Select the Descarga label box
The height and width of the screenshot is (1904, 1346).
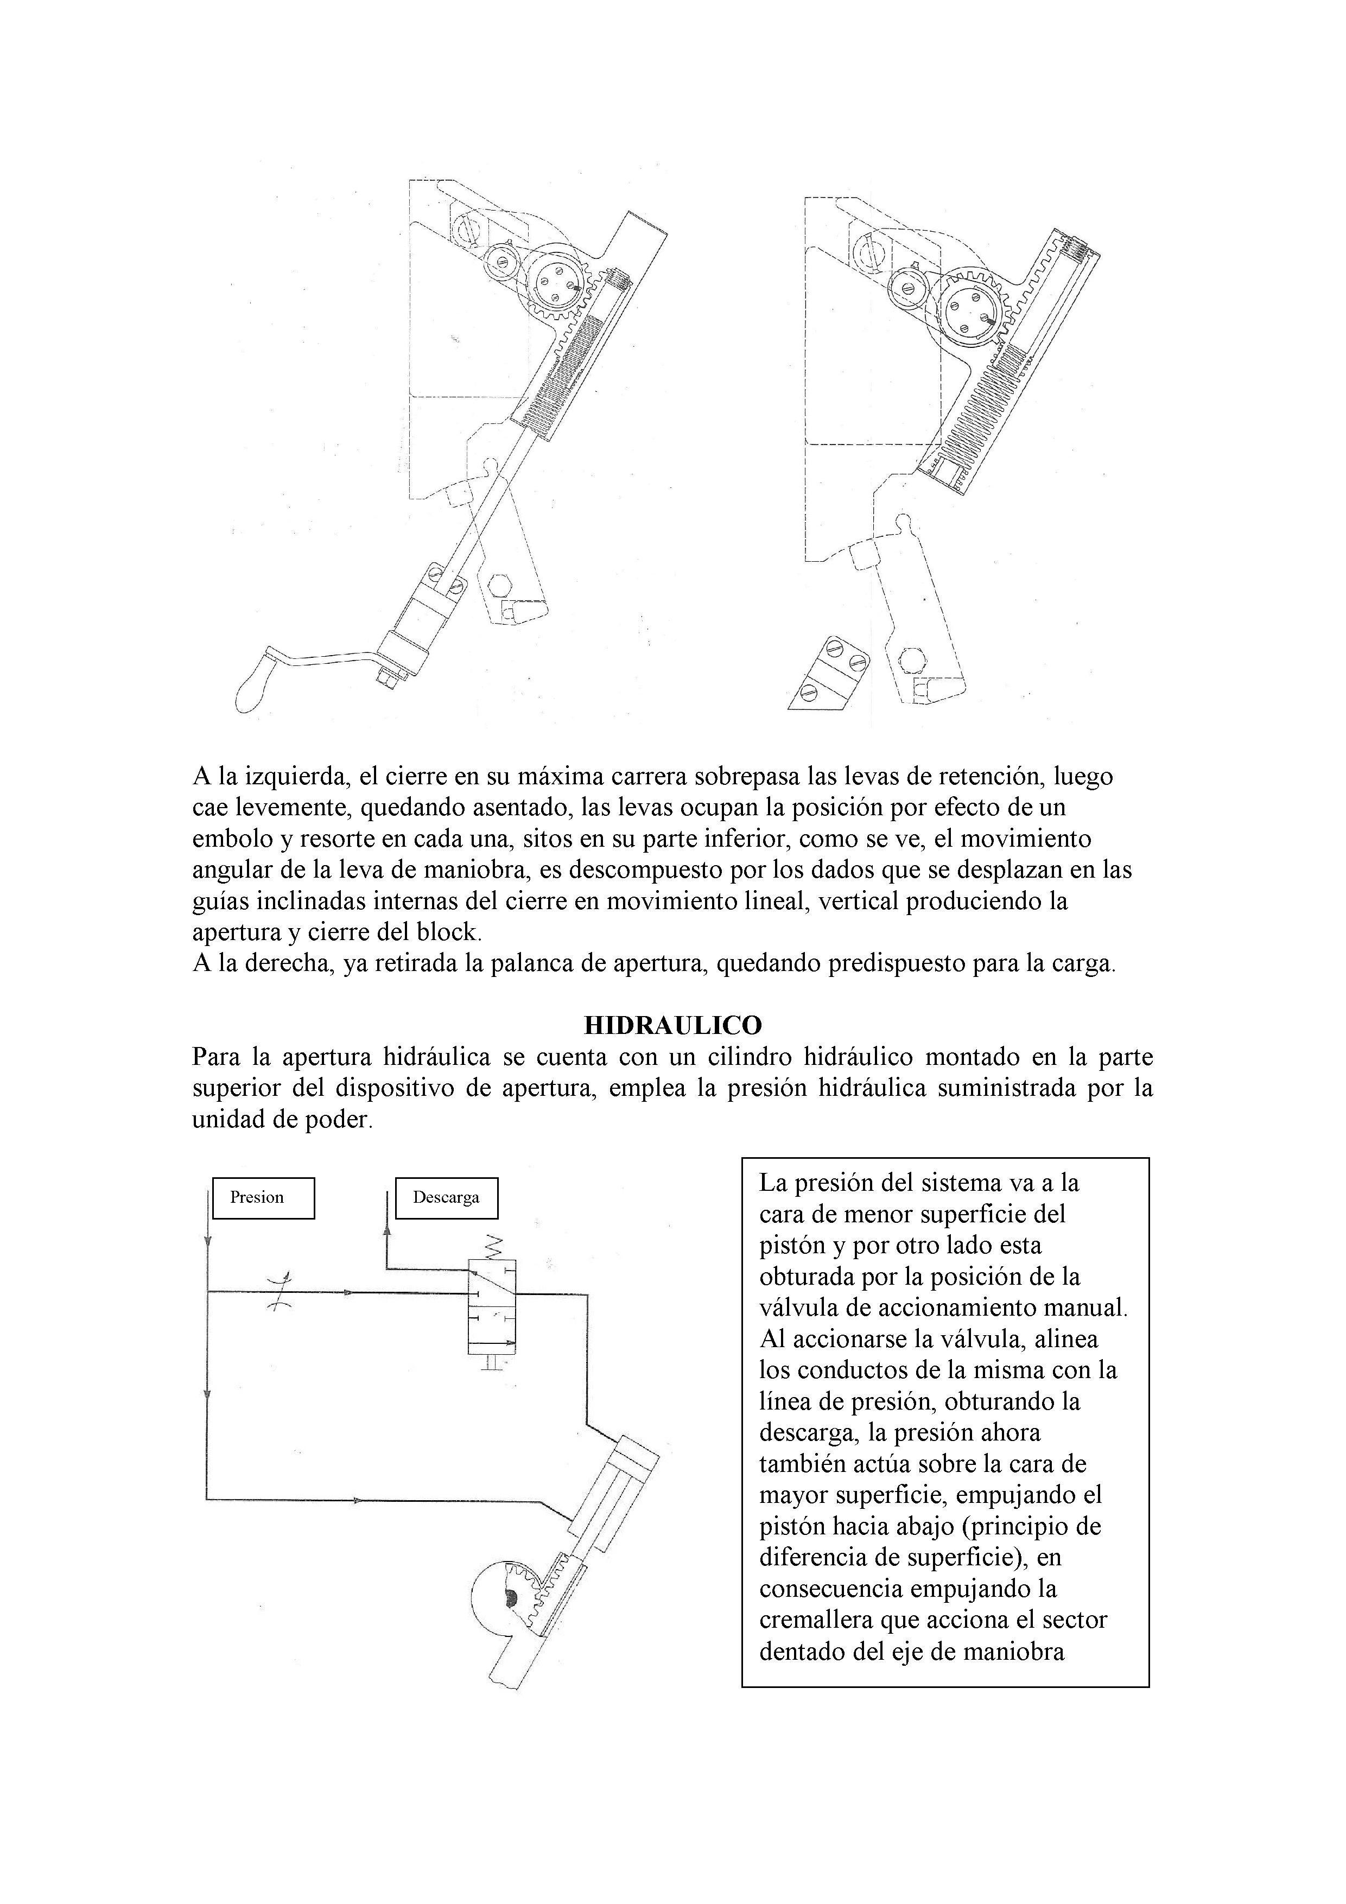point(446,1197)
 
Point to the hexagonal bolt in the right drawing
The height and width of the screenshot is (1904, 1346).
point(912,659)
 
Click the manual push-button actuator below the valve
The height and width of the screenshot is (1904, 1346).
point(492,1362)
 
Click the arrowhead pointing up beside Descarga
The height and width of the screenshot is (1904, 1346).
point(386,1232)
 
